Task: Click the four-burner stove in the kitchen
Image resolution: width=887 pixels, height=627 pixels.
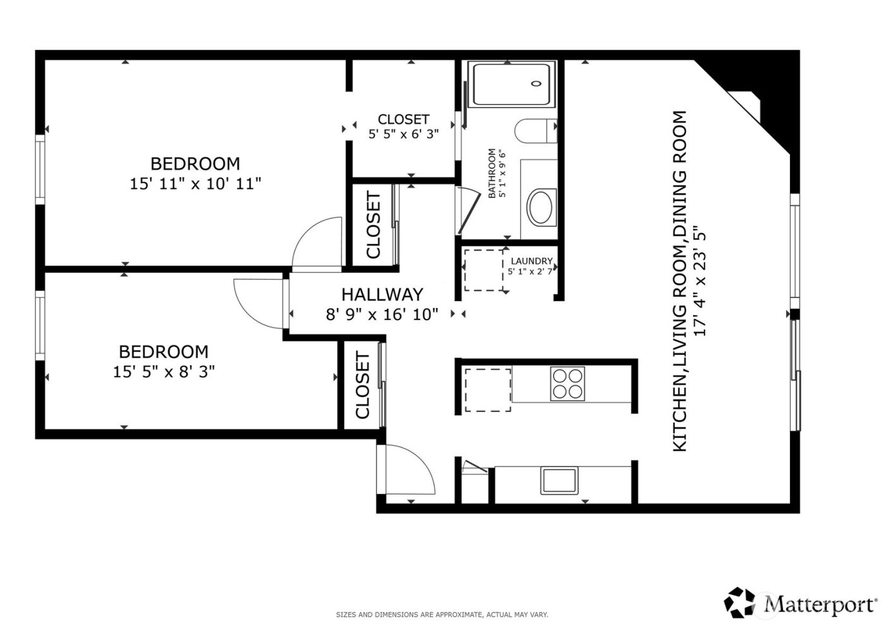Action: (x=567, y=384)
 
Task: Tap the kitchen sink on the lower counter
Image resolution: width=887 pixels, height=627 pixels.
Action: (x=559, y=481)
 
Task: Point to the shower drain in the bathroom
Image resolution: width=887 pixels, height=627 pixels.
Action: (x=537, y=84)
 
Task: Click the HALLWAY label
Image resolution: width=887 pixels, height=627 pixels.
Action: (x=382, y=294)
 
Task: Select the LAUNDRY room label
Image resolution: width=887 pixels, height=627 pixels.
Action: (x=532, y=261)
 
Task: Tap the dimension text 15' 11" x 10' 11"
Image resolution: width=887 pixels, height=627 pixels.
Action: (x=195, y=184)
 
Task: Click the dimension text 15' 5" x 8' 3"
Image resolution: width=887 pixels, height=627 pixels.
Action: (x=163, y=372)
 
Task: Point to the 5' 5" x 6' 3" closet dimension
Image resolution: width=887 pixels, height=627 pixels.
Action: (x=404, y=134)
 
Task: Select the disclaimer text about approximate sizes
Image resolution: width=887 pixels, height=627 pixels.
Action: (x=442, y=614)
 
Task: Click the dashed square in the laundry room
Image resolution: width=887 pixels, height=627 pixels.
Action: (x=483, y=270)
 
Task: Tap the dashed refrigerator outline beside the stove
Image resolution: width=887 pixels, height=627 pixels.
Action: (x=488, y=389)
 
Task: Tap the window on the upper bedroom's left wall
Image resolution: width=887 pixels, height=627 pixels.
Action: (x=41, y=170)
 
